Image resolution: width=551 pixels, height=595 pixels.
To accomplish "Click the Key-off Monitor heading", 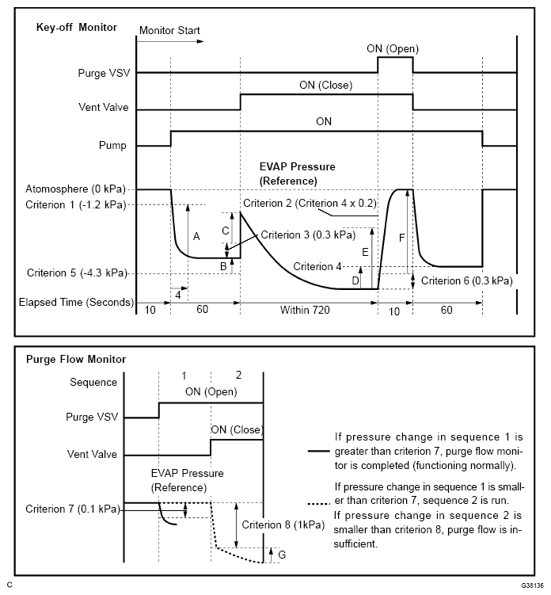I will tap(76, 28).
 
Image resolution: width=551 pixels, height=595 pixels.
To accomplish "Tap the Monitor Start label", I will tap(169, 31).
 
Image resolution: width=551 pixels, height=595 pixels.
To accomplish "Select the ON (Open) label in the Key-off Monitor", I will tap(393, 48).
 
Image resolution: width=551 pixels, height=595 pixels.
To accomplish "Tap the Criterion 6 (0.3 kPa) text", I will tap(466, 280).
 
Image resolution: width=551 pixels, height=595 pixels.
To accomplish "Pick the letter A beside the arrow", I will tap(196, 236).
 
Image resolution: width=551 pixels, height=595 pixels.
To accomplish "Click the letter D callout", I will tap(355, 280).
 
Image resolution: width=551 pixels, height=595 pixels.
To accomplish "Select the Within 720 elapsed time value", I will tap(306, 310).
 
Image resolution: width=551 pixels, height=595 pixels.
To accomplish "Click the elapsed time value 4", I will tap(178, 295).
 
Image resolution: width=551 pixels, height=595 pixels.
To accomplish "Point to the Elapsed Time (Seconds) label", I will tap(74, 302).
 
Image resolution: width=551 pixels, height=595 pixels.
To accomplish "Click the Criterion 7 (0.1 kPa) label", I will tap(72, 509).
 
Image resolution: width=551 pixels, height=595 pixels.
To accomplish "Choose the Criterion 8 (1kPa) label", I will tap(272, 524).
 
